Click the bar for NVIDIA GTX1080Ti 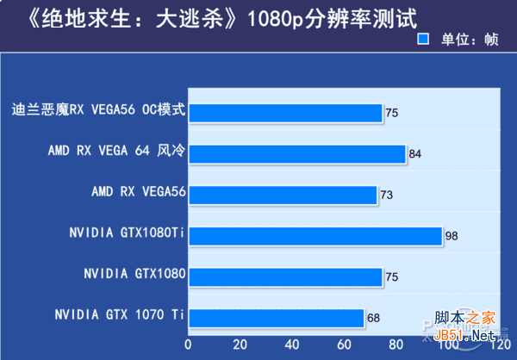[x=315, y=236]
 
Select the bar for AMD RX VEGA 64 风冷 [x=297, y=154]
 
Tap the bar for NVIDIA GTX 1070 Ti [x=277, y=318]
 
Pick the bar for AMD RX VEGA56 [x=283, y=195]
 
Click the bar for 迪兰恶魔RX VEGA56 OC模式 [x=285, y=113]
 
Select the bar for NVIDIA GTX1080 [x=285, y=276]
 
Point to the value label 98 [x=452, y=236]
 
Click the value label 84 [x=415, y=154]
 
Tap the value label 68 [x=373, y=318]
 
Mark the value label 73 [x=386, y=195]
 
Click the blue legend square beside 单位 [x=423, y=39]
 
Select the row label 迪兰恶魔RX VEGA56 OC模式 [x=99, y=110]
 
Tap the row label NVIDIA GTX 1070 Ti [x=119, y=315]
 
